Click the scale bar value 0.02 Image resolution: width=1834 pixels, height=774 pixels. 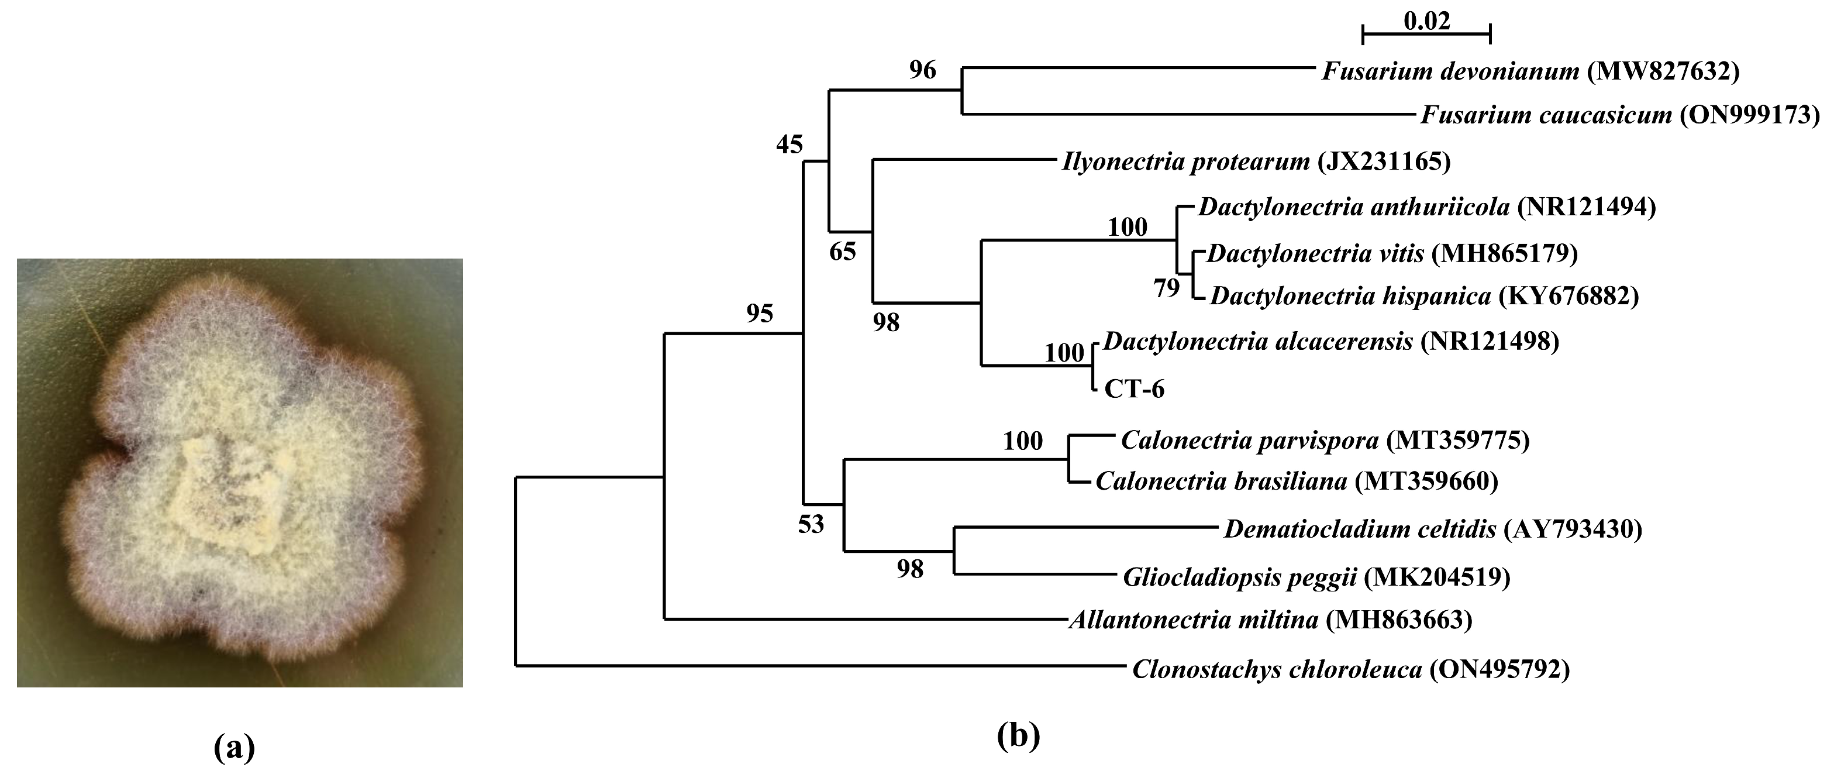[1427, 22]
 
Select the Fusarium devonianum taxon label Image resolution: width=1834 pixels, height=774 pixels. [1450, 71]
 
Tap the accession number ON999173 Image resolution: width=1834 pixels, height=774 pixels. [1749, 115]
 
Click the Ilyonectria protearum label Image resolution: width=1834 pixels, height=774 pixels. [1185, 161]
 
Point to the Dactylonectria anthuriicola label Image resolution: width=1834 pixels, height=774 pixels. [1353, 207]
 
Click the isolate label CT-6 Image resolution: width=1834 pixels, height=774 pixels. [1134, 389]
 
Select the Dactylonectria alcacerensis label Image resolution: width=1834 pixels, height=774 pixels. [1258, 342]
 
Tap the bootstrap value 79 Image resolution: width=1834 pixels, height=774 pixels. [1166, 288]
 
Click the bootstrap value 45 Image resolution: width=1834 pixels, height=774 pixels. [790, 145]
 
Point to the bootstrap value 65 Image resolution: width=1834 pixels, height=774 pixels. [843, 252]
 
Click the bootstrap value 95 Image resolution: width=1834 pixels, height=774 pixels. [760, 314]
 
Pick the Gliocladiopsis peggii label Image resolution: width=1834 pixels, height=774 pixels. [1239, 577]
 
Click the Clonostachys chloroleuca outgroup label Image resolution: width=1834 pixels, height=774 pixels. [1277, 670]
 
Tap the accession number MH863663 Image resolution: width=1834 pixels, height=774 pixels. [1398, 620]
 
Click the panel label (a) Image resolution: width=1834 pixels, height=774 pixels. [235, 748]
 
